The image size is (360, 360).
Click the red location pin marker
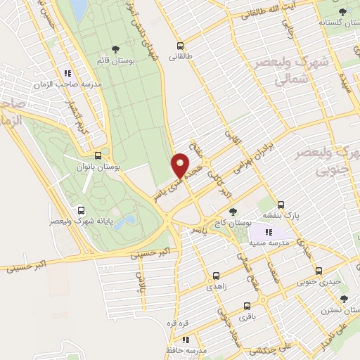pyautogui.click(x=181, y=165)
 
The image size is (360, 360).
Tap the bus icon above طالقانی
pyautogui.click(x=180, y=45)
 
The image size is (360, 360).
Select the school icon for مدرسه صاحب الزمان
pyautogui.click(x=67, y=73)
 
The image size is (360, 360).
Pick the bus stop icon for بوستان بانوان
pyautogui.click(x=97, y=156)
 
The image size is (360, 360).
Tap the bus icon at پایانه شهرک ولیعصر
pyautogui.click(x=82, y=210)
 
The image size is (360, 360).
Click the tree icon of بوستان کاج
pyautogui.click(x=233, y=211)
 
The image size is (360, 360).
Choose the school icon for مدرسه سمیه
pyautogui.click(x=268, y=233)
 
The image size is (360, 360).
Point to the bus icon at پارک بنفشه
pyautogui.click(x=281, y=205)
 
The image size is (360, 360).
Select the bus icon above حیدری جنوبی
pyautogui.click(x=318, y=271)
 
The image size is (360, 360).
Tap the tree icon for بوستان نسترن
pyautogui.click(x=343, y=299)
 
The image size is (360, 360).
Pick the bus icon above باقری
pyautogui.click(x=247, y=306)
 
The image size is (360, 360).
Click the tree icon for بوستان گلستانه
pyautogui.click(x=342, y=12)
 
